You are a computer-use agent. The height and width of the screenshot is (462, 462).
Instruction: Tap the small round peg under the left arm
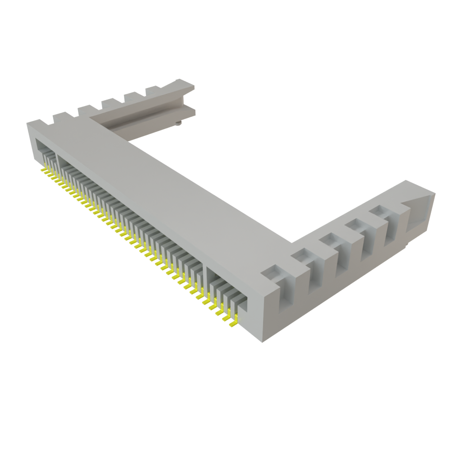click(179, 123)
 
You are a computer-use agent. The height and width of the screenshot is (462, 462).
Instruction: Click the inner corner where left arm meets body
click(131, 140)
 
